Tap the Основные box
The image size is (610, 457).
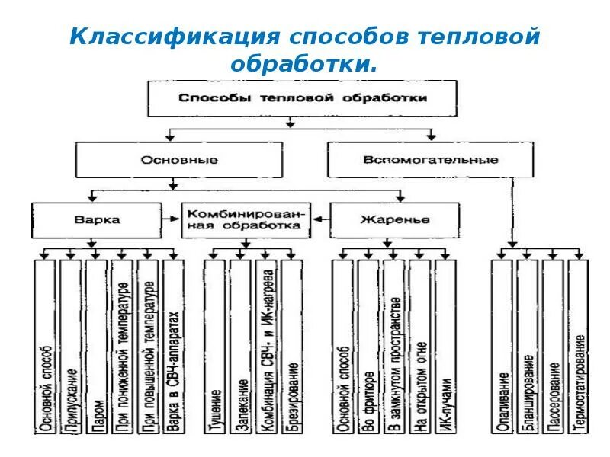pyautogui.click(x=179, y=160)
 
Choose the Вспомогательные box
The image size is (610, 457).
pyautogui.click(x=431, y=160)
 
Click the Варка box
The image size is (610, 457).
pyautogui.click(x=97, y=219)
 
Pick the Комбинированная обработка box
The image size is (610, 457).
pyautogui.click(x=246, y=219)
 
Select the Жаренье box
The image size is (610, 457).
pyautogui.click(x=394, y=219)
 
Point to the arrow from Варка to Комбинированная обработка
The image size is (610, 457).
pyautogui.click(x=172, y=219)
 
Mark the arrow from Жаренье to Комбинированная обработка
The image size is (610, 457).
pyautogui.click(x=320, y=219)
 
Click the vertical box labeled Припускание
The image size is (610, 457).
pyautogui.click(x=71, y=347)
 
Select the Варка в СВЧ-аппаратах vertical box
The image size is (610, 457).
pyautogui.click(x=174, y=347)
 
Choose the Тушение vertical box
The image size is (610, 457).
pyautogui.click(x=216, y=347)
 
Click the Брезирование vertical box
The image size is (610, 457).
pyautogui.click(x=292, y=347)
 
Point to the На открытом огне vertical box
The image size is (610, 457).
pyautogui.click(x=419, y=347)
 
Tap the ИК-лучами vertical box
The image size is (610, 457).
pyautogui.click(x=445, y=347)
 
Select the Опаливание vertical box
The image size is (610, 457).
pyautogui.click(x=503, y=347)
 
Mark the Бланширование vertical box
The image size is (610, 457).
pyautogui.click(x=528, y=347)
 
